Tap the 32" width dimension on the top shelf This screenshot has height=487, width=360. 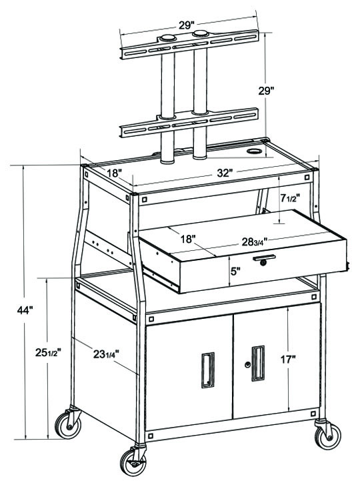(x=225, y=173)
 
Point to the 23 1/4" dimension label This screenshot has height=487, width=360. (x=105, y=354)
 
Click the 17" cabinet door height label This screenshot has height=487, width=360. (x=288, y=360)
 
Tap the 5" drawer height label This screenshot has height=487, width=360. (x=235, y=271)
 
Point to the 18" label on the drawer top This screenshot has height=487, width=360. (x=188, y=237)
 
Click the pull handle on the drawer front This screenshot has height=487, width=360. (x=265, y=257)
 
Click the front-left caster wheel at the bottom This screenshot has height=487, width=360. (x=133, y=462)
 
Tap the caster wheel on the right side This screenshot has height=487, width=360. (x=325, y=436)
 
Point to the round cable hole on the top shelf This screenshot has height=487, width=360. (x=253, y=151)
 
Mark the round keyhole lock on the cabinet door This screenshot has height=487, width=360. (x=247, y=365)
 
